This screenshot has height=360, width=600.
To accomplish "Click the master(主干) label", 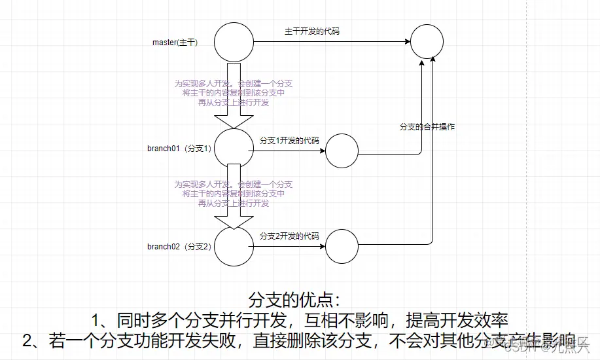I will (175, 43).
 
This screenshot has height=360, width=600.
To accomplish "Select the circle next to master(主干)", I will (234, 43).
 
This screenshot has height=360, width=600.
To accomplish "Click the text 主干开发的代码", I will (311, 31).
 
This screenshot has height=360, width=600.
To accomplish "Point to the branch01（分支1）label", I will (179, 148).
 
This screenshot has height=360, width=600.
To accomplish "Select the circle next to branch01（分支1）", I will (234, 148).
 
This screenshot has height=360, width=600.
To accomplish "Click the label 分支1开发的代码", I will (289, 141).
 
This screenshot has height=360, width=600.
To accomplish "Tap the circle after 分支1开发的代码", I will (342, 152).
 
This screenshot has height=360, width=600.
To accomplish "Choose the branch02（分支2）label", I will (179, 246).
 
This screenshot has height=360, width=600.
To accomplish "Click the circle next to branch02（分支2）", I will (234, 246).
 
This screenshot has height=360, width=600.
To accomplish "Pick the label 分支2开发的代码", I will (289, 236).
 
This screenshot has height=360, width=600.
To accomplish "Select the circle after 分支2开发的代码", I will (342, 247).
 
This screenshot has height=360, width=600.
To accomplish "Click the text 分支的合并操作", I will (427, 126).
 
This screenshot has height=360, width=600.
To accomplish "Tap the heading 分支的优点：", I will (296, 299).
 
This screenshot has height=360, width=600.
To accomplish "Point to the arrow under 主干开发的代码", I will (331, 43).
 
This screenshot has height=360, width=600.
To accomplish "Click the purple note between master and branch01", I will (234, 93).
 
